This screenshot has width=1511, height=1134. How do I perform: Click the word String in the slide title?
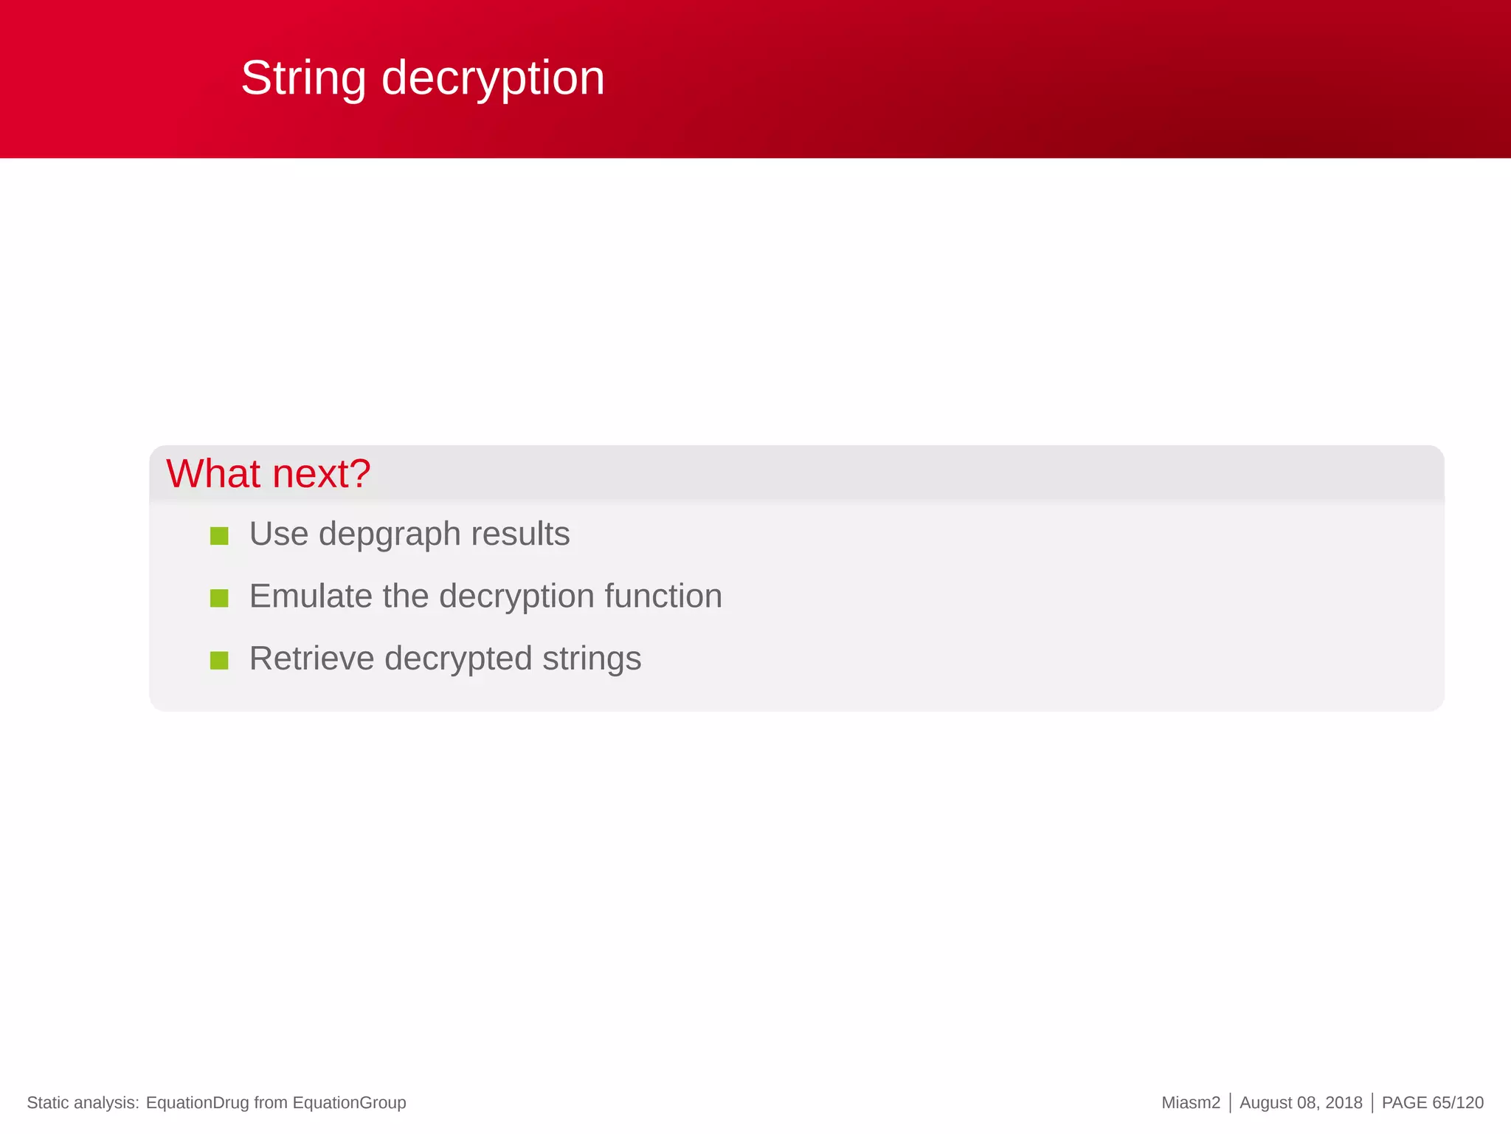303,78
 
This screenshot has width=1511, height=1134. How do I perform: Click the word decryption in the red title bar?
493,78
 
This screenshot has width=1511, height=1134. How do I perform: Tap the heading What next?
268,473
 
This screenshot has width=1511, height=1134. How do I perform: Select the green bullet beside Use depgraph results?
219,535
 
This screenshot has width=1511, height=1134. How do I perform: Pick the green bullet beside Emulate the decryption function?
219,597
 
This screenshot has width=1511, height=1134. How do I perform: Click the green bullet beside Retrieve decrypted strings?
219,660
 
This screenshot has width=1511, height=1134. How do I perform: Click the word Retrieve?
311,658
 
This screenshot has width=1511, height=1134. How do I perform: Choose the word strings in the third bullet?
592,659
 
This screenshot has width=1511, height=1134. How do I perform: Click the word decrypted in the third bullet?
458,659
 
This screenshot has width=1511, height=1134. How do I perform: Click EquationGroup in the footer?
349,1102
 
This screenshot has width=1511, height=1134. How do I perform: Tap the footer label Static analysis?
83,1102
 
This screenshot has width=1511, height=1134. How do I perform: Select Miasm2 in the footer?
1191,1102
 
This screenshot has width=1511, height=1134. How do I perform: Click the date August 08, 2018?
1301,1102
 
